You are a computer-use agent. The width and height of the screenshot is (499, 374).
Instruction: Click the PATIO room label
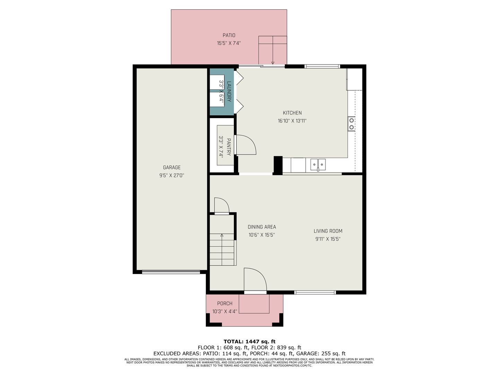pyautogui.click(x=229, y=35)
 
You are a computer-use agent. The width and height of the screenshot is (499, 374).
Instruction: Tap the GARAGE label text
pyautogui.click(x=172, y=167)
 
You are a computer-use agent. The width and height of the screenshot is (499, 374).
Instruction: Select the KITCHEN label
pyautogui.click(x=292, y=113)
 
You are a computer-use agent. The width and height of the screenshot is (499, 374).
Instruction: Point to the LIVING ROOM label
pyautogui.click(x=328, y=231)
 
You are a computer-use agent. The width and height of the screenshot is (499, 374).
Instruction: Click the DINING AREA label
pyautogui.click(x=262, y=226)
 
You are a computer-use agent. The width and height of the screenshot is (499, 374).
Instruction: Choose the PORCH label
pyautogui.click(x=225, y=303)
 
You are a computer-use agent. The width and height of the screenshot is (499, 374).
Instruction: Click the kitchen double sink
pyautogui.click(x=318, y=164)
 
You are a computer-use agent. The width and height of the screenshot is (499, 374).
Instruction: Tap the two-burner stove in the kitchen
pyautogui.click(x=351, y=124)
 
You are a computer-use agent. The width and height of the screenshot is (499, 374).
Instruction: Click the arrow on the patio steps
pyautogui.click(x=273, y=50)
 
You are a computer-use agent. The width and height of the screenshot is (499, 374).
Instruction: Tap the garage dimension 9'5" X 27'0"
pyautogui.click(x=172, y=175)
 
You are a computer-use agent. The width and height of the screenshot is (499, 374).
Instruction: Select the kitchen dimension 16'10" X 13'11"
pyautogui.click(x=292, y=121)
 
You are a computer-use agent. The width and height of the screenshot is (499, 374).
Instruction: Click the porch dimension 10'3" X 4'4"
pyautogui.click(x=225, y=311)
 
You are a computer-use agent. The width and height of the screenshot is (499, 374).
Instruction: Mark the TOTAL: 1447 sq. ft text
pyautogui.click(x=249, y=341)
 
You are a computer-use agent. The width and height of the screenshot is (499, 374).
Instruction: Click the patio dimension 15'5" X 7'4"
pyautogui.click(x=229, y=43)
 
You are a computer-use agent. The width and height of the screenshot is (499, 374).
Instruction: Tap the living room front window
pyautogui.click(x=315, y=293)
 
